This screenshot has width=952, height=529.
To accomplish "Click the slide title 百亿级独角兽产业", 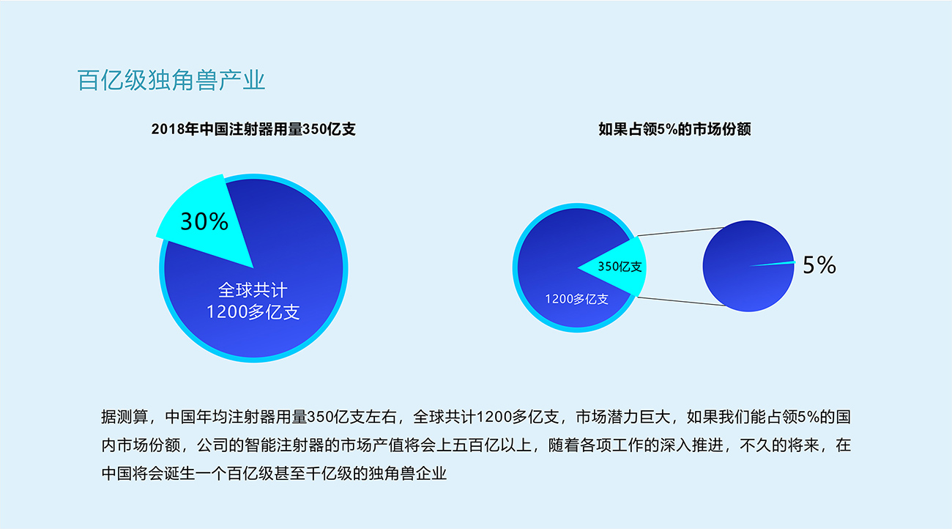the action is tap(171, 80).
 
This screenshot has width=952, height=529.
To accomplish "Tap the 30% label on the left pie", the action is tap(204, 221).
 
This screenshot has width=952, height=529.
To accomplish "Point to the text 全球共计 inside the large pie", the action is tap(253, 290).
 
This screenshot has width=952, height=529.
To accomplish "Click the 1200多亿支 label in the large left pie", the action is tap(253, 312).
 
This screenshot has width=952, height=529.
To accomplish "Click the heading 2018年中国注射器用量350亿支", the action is tap(253, 129).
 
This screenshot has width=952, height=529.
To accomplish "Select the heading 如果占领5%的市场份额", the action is tap(674, 129).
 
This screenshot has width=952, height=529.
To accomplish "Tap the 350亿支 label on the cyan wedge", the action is tap(620, 267).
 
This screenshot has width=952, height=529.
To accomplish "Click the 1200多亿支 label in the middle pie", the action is tap(577, 299).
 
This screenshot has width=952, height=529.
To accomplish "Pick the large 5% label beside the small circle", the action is tap(819, 265).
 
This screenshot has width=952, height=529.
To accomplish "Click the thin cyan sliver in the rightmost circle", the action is tap(773, 264).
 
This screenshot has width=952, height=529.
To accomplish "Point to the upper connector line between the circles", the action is tap(680, 232).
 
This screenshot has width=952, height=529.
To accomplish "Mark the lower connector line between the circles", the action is tap(681, 301).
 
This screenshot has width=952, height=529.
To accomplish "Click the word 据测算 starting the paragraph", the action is tap(124, 417).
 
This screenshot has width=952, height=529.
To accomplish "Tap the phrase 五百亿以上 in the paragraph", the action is tap(491, 445).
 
